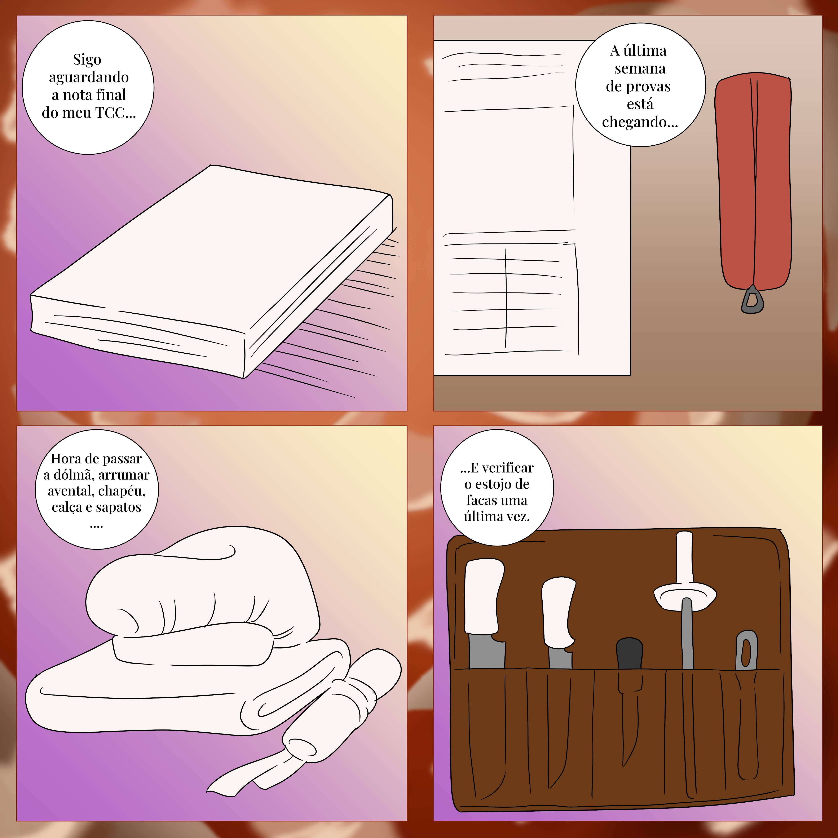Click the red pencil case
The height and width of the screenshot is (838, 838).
coord(753,182)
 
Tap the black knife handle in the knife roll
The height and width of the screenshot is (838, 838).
coord(629,654)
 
